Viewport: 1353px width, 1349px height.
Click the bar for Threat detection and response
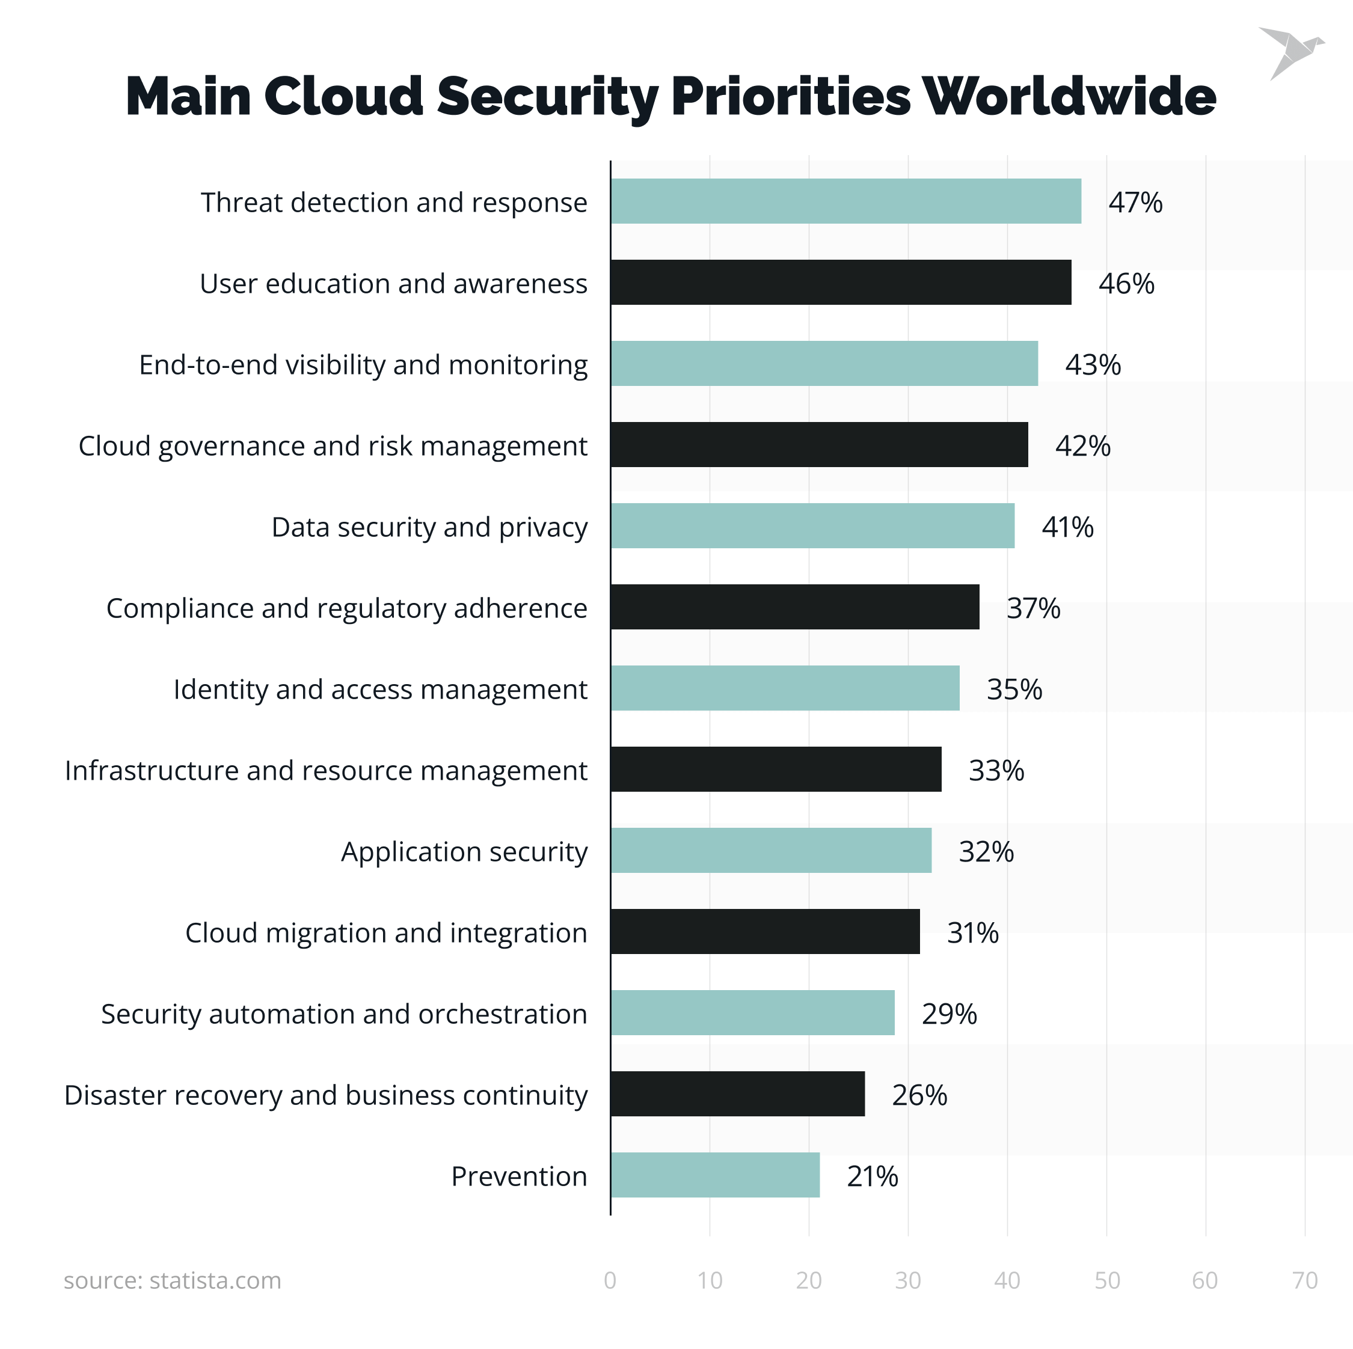(845, 201)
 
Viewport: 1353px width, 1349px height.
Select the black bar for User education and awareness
(841, 282)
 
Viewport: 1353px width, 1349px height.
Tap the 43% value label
(1093, 365)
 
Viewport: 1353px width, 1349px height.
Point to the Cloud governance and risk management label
(333, 446)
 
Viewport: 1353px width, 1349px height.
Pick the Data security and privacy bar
(812, 526)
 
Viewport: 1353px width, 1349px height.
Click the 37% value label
(1033, 608)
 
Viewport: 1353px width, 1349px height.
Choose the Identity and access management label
(380, 689)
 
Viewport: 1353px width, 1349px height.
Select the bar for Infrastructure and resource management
(776, 769)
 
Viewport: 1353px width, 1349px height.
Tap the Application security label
(464, 851)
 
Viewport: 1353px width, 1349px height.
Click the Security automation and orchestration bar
(752, 1012)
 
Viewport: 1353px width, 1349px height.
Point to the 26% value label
(919, 1095)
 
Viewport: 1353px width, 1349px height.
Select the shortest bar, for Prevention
(715, 1175)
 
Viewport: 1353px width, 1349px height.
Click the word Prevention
(519, 1176)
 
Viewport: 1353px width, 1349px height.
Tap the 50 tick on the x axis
(1107, 1280)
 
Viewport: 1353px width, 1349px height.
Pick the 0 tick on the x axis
(610, 1280)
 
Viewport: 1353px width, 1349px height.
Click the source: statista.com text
(172, 1280)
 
